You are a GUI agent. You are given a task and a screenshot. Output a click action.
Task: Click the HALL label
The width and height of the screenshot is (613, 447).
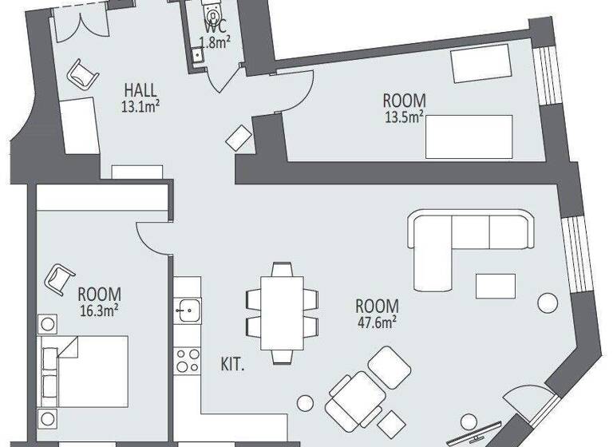click(x=139, y=89)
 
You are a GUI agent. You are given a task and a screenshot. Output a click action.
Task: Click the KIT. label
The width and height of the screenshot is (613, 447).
click(x=231, y=365)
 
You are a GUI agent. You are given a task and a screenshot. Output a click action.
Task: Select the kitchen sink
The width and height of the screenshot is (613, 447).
click(x=188, y=308)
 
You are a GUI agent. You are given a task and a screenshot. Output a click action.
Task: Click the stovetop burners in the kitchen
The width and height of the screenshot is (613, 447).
click(x=188, y=359)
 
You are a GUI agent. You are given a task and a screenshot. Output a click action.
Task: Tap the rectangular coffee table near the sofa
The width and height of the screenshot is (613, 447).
click(x=496, y=285)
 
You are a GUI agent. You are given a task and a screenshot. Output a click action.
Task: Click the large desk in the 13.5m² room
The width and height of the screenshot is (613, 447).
click(x=469, y=136)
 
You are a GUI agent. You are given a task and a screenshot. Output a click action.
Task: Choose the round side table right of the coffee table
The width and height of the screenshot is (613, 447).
click(x=548, y=303)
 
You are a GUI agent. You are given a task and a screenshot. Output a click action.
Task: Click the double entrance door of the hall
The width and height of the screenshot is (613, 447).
click(x=77, y=18)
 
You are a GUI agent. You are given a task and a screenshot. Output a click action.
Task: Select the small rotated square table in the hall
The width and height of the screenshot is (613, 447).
click(x=239, y=137)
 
